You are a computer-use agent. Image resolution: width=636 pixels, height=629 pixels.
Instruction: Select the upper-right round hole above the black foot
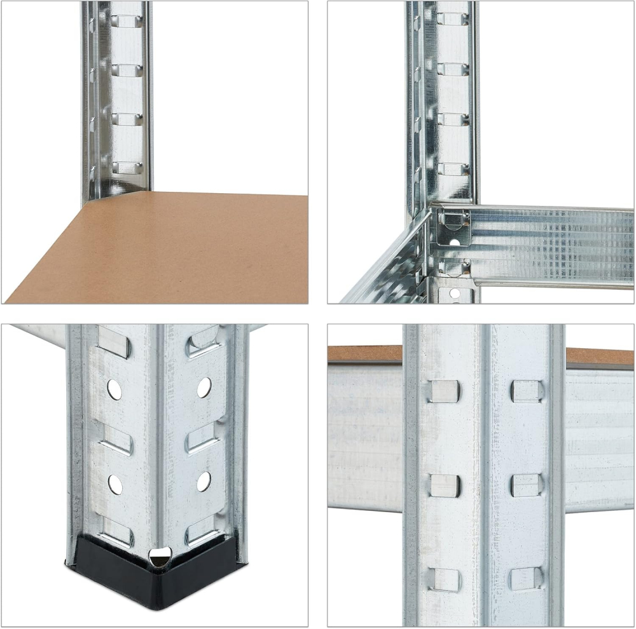(x=204, y=387)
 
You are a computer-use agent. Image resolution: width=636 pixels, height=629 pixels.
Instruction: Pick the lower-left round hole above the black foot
(x=115, y=484)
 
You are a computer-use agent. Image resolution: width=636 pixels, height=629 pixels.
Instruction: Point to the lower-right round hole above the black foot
(x=204, y=481)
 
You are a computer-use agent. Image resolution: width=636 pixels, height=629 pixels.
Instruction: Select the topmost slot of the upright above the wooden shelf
(x=127, y=20)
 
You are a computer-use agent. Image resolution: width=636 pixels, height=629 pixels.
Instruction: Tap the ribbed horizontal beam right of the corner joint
(x=553, y=245)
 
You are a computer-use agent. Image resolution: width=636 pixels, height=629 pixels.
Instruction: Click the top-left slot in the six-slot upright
(x=443, y=392)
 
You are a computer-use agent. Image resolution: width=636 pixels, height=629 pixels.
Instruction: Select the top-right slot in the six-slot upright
(x=527, y=391)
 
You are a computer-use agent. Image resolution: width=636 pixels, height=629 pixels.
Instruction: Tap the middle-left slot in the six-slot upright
(x=444, y=485)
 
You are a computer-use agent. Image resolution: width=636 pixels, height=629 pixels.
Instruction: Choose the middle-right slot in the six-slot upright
(x=527, y=485)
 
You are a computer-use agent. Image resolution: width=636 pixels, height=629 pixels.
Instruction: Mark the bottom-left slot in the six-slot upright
(x=443, y=579)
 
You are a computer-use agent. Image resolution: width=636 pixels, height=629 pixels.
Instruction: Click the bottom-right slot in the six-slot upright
(x=526, y=578)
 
